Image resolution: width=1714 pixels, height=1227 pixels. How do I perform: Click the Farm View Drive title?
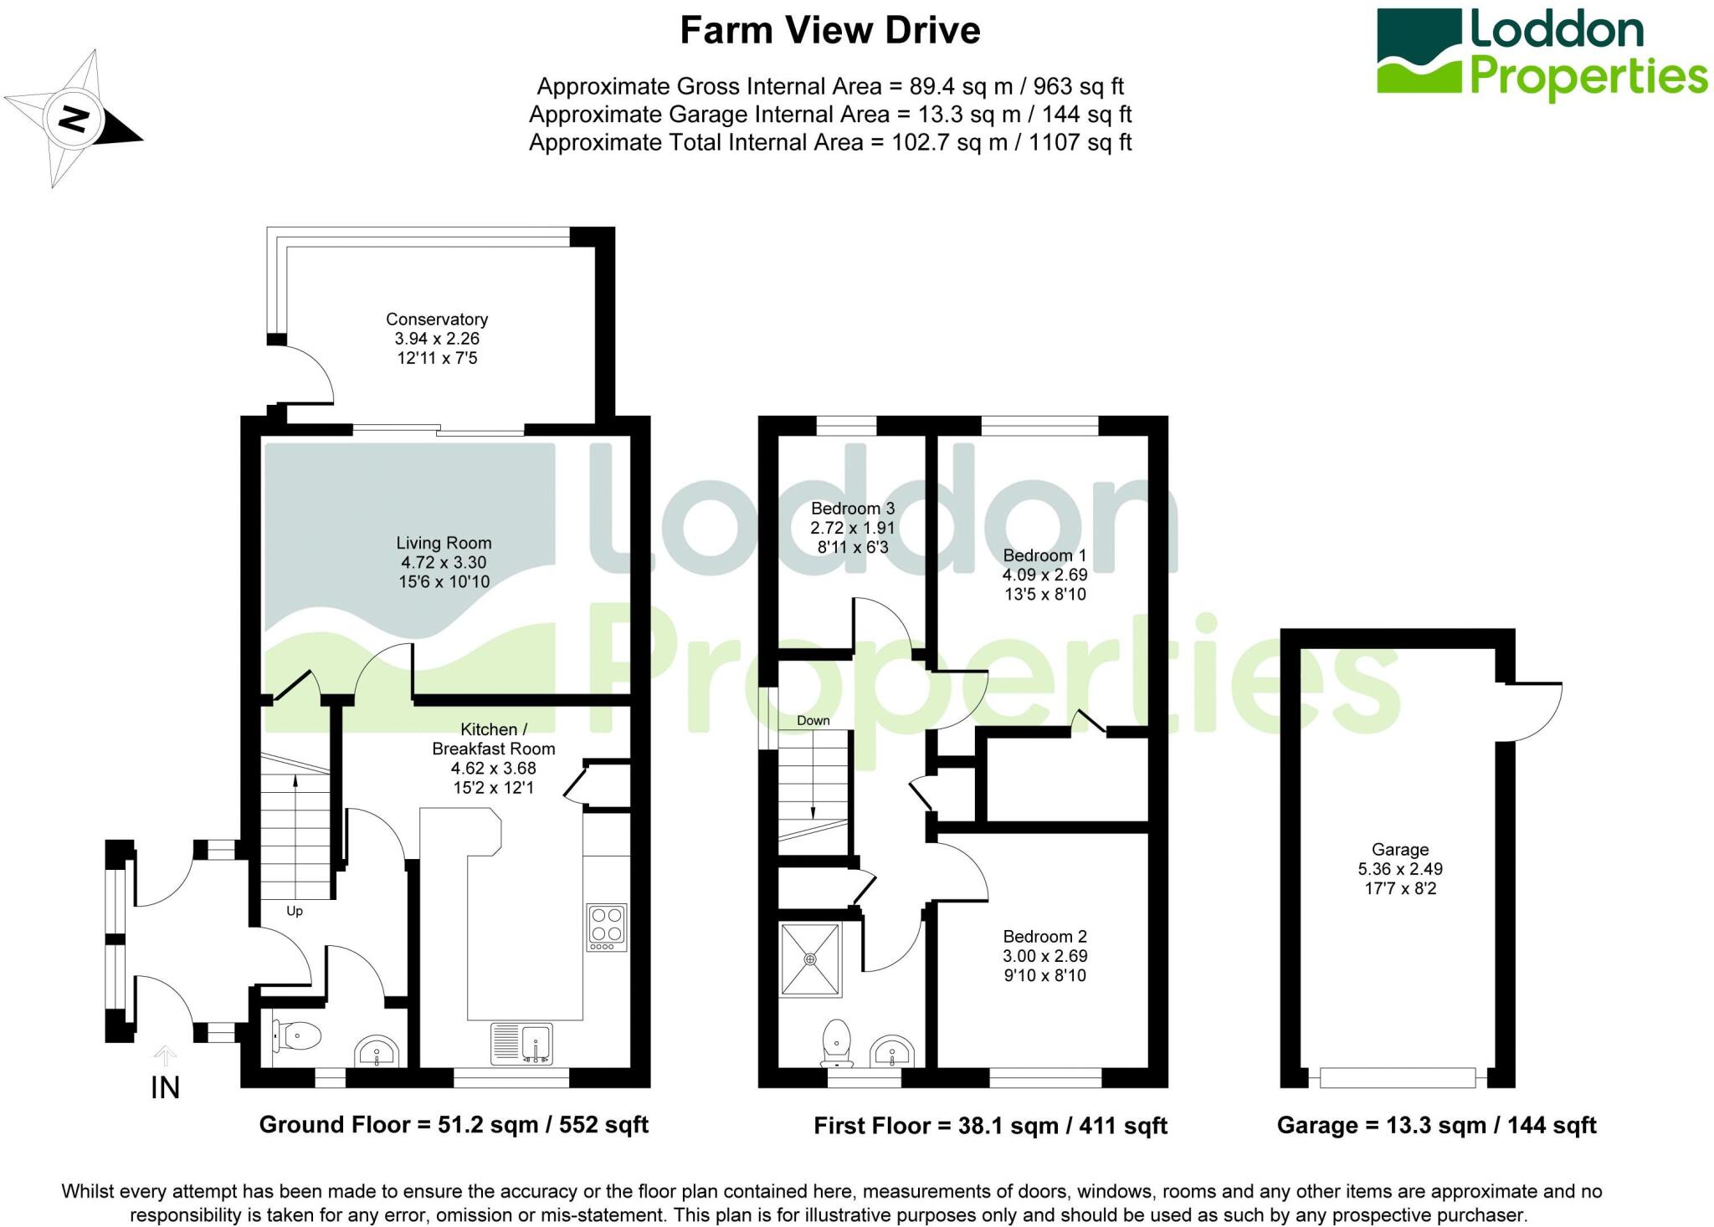pyautogui.click(x=829, y=31)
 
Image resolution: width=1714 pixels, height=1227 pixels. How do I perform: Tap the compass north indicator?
pyautogui.click(x=74, y=119)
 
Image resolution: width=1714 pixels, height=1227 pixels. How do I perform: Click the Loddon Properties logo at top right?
pyautogui.click(x=1542, y=53)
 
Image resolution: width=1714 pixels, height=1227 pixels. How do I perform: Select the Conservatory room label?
pyautogui.click(x=437, y=320)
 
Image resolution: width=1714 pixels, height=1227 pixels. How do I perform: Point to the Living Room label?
pyautogui.click(x=444, y=544)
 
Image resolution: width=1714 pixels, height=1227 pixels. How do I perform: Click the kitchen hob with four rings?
pyautogui.click(x=607, y=928)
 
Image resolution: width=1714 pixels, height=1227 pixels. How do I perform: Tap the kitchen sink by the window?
pyautogui.click(x=521, y=1044)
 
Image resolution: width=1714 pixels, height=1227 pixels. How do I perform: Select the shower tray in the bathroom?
pyautogui.click(x=810, y=959)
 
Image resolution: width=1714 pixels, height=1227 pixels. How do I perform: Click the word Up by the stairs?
pyautogui.click(x=295, y=911)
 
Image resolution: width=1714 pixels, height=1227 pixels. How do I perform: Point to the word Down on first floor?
pyautogui.click(x=813, y=721)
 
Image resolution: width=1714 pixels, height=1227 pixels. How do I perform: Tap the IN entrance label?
pyautogui.click(x=166, y=1087)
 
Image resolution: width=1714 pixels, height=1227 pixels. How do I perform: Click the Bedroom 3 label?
pyautogui.click(x=853, y=509)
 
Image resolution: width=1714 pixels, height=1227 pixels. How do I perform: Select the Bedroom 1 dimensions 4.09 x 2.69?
pyautogui.click(x=1045, y=575)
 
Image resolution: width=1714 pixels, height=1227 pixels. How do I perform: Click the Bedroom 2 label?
pyautogui.click(x=1045, y=937)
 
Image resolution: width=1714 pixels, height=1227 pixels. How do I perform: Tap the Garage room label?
pyautogui.click(x=1400, y=850)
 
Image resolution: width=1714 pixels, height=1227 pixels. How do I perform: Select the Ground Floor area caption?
pyautogui.click(x=454, y=1125)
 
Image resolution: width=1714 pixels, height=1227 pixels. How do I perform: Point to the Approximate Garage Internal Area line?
pyautogui.click(x=830, y=115)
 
